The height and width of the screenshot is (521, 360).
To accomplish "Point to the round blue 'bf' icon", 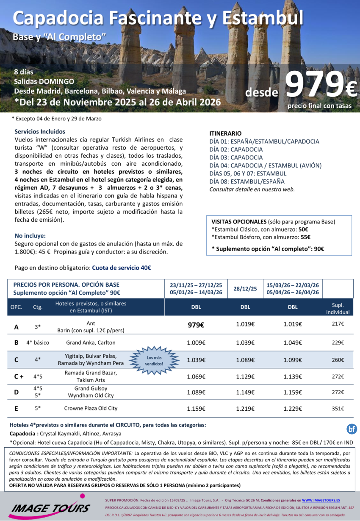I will pos(352,429).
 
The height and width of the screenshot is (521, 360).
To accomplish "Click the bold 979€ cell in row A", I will pos(196,325).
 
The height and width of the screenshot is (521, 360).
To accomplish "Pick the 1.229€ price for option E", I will pos(292,409).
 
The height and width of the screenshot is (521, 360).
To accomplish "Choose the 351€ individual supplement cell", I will pos(338,409).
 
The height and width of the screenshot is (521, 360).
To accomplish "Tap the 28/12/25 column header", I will pos(245,289).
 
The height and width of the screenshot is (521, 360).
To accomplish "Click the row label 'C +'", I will pos(18,376).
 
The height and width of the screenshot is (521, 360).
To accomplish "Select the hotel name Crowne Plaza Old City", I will pos(91,409).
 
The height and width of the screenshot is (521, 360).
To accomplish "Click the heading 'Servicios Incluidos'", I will pos(40,131).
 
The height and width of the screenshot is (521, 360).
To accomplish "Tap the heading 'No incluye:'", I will pos(30,236).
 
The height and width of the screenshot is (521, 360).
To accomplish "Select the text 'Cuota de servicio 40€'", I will pos(122,268).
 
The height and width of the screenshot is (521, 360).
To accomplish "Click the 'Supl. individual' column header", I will pos(338,309).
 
